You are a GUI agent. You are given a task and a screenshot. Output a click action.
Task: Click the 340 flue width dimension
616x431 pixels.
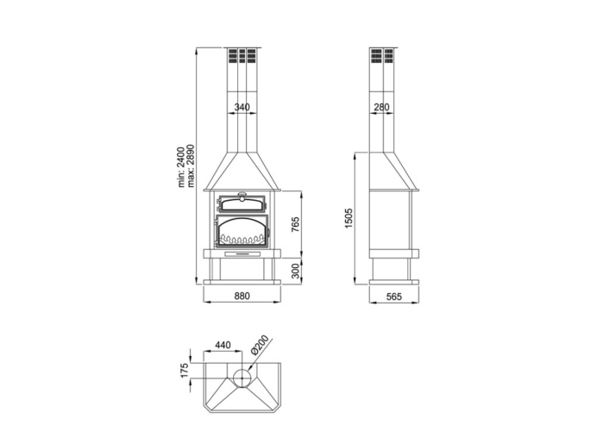[x=242, y=107]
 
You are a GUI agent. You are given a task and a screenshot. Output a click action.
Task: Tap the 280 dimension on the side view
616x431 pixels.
[x=381, y=107]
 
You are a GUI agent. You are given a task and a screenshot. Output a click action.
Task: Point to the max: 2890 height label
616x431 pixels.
[x=191, y=166]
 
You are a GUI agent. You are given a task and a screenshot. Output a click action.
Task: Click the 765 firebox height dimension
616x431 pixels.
[x=295, y=224]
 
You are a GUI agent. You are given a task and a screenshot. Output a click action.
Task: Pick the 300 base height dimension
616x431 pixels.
[x=295, y=271]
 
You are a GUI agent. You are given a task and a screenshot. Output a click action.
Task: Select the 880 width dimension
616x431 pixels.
[x=242, y=296]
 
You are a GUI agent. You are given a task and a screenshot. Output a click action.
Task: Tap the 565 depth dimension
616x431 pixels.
[x=394, y=297]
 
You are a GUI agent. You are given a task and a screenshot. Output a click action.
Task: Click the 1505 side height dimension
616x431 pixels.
[x=349, y=219]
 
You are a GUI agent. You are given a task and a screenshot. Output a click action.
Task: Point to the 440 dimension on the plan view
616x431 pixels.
[x=223, y=345]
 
